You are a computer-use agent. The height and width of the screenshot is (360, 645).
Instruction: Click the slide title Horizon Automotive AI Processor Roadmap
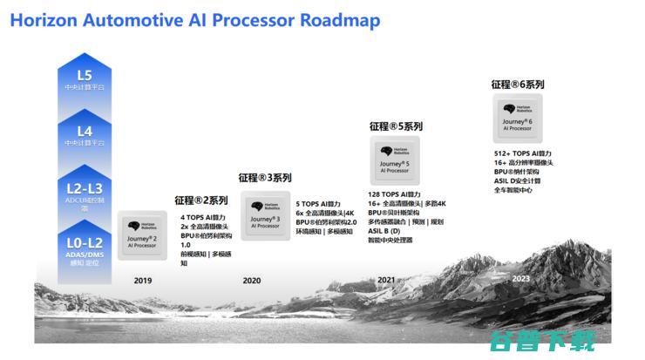195,20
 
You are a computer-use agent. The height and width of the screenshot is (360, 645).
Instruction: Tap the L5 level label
84,75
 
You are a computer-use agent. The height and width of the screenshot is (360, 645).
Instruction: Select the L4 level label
84,132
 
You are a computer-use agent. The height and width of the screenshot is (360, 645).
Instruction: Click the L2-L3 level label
84,188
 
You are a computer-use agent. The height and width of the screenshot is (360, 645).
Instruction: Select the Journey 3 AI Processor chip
265,215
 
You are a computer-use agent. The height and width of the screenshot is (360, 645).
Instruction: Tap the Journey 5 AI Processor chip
395,160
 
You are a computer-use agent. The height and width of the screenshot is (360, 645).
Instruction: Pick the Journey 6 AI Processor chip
520,119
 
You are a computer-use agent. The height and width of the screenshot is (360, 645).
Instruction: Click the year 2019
142,281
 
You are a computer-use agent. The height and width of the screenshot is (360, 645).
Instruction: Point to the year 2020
252,281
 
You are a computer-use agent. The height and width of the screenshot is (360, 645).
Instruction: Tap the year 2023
520,278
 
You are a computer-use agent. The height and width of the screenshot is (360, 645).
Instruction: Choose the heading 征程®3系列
265,178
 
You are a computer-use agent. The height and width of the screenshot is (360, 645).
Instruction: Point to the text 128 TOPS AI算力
394,194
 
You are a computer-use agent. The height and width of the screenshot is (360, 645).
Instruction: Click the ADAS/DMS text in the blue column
84,254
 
